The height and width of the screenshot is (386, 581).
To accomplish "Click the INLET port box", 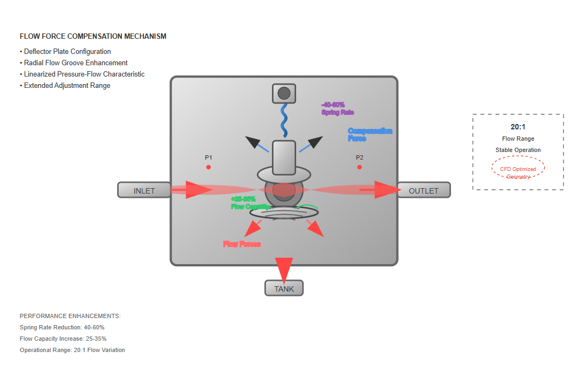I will click(144, 190).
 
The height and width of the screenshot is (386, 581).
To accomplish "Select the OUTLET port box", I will click(423, 190).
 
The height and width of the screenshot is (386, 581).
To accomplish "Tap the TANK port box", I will click(284, 288).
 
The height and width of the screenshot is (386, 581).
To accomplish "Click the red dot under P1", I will click(208, 167).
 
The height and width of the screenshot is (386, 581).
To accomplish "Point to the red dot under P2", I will click(359, 167).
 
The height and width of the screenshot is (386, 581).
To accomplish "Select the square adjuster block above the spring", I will click(284, 93).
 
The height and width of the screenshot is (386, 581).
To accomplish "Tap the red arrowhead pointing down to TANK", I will click(284, 268).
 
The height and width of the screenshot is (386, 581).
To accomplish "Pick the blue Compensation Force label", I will click(370, 135).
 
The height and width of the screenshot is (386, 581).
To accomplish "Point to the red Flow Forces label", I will click(242, 244).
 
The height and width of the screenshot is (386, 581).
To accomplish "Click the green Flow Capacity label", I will click(249, 203).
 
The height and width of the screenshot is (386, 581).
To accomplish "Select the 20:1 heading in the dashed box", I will click(518, 127).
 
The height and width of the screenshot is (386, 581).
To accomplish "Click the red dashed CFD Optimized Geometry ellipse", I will click(518, 168).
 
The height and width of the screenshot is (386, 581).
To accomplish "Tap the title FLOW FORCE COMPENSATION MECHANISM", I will click(93, 37).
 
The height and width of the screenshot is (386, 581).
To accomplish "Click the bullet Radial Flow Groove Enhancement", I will click(76, 63).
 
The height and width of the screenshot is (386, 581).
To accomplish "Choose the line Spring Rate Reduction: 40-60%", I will click(62, 327).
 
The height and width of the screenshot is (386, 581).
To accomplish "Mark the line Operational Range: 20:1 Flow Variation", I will click(72, 350).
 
